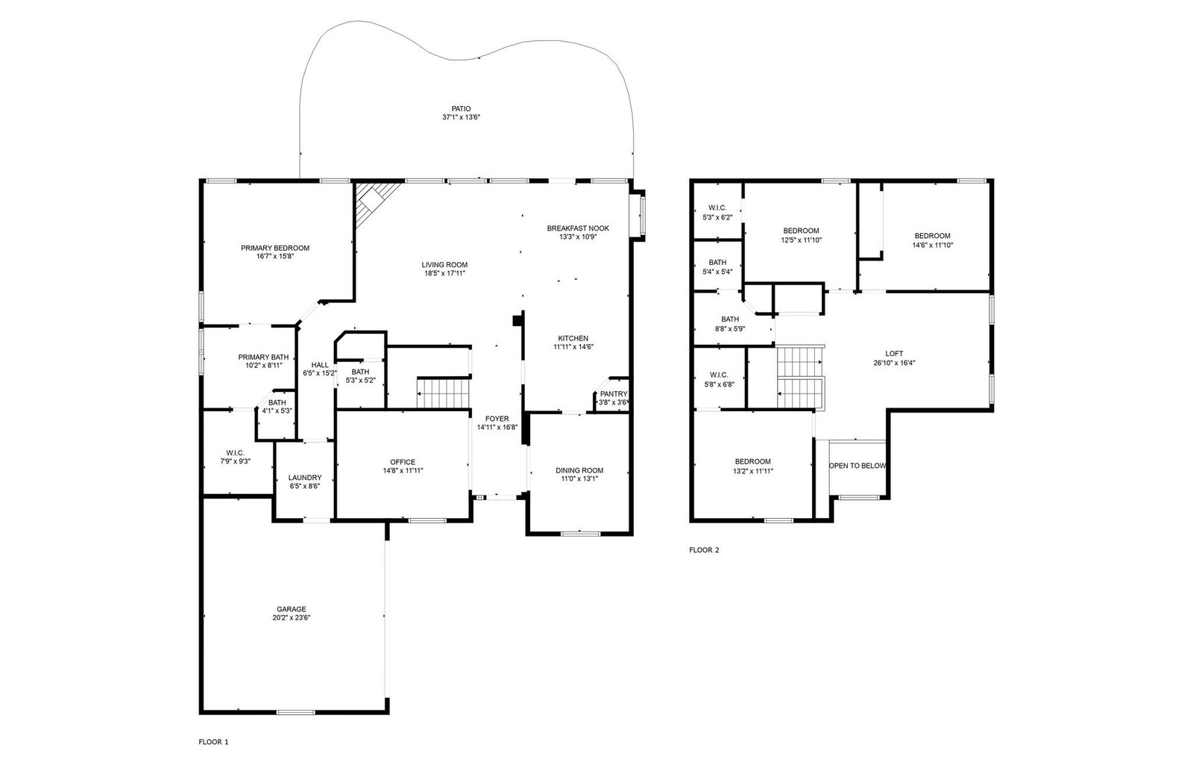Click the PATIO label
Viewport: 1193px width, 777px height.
[x=462, y=109]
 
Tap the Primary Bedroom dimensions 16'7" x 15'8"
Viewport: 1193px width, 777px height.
[x=275, y=257]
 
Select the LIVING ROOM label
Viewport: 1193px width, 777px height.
[x=444, y=264]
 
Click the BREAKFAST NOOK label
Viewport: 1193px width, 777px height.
[x=578, y=228]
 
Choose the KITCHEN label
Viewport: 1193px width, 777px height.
[x=573, y=338]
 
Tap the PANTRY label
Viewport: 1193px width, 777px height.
[x=614, y=394]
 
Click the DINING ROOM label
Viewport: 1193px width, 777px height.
[x=579, y=470]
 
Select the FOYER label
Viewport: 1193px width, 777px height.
[x=497, y=419]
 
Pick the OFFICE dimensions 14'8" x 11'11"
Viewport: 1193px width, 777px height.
[x=403, y=471]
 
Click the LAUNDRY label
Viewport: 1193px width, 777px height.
[x=305, y=478]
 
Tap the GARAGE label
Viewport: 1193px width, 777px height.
[x=292, y=609]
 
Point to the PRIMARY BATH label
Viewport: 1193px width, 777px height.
[x=263, y=358]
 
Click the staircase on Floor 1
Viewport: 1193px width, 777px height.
[x=444, y=393]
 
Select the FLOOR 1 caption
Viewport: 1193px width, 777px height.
[x=213, y=742]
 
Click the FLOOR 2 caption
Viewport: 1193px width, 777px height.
[x=704, y=550]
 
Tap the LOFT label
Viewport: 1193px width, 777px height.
[x=894, y=354]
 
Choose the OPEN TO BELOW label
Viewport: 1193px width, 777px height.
[x=857, y=466]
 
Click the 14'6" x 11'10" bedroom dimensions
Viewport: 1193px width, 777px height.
[x=933, y=246]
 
